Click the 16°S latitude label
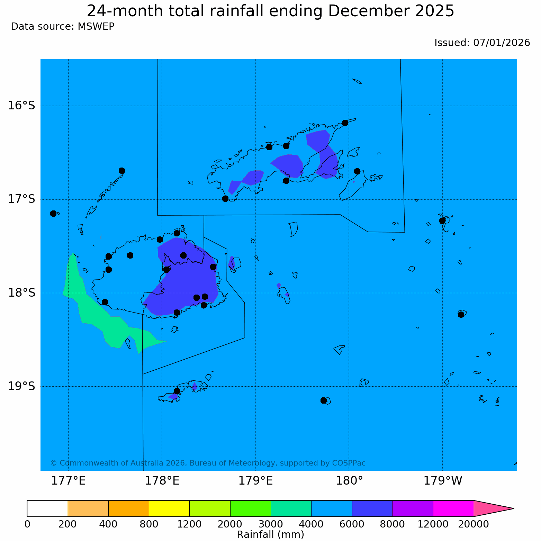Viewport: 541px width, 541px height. (x=21, y=106)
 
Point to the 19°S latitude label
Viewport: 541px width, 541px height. (x=21, y=386)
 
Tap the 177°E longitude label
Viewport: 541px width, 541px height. (x=68, y=481)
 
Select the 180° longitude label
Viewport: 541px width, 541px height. (x=349, y=481)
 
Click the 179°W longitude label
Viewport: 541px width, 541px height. (x=443, y=481)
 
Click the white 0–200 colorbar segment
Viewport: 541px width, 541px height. (x=47, y=508)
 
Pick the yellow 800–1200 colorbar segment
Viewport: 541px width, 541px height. (x=169, y=508)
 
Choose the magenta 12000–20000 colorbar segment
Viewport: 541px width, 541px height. (x=453, y=508)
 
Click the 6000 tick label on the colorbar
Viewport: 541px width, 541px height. (x=352, y=524)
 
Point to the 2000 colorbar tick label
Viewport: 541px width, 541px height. (x=230, y=524)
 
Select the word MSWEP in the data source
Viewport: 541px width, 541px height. (x=96, y=27)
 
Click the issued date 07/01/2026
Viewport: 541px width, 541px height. (x=502, y=43)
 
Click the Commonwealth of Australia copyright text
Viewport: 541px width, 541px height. (x=208, y=463)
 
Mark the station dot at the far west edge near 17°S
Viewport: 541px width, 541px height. (x=53, y=213)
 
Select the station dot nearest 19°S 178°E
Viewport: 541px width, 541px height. (x=177, y=391)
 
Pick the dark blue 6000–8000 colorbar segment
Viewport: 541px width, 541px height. (x=372, y=508)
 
